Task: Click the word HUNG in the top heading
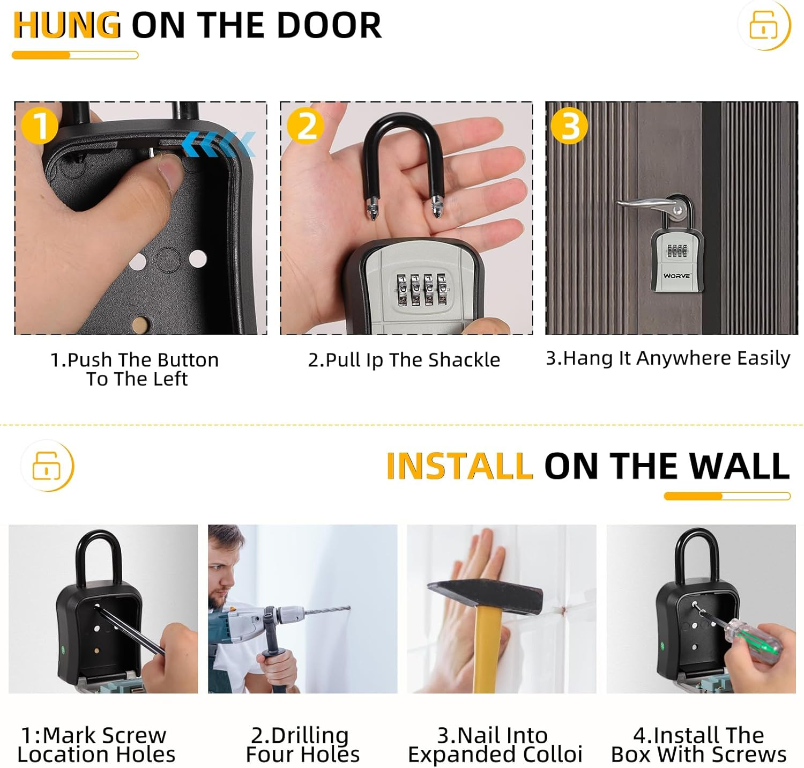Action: (66, 25)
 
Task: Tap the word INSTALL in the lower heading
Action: (459, 466)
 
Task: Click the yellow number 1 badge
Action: (39, 126)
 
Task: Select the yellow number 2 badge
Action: (306, 126)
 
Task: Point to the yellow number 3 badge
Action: (570, 126)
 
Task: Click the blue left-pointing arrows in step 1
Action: (219, 144)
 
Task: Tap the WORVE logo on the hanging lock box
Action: (677, 276)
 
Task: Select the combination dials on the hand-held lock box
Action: (421, 290)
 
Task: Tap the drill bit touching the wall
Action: (327, 611)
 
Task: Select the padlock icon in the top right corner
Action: (763, 25)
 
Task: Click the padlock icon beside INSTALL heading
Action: (47, 465)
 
